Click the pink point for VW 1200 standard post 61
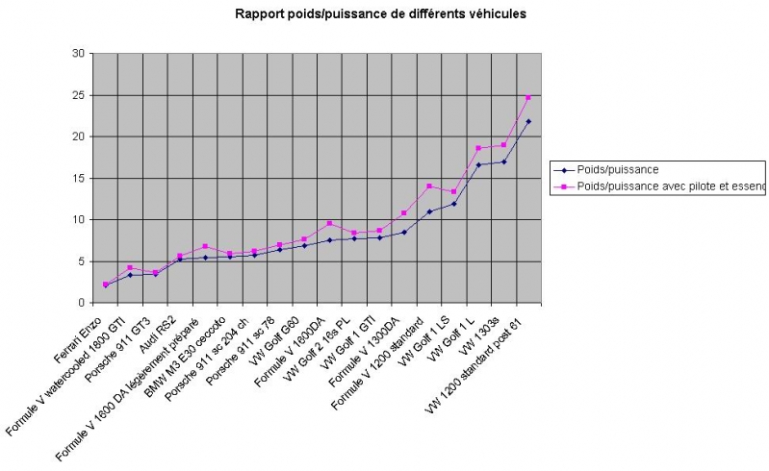[528, 97]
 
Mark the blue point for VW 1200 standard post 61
[528, 122]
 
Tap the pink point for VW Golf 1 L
[478, 148]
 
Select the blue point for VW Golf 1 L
[478, 164]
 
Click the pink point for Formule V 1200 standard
[428, 186]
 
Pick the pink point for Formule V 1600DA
[329, 223]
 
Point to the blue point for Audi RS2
[180, 259]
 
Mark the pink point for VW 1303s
[503, 144]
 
